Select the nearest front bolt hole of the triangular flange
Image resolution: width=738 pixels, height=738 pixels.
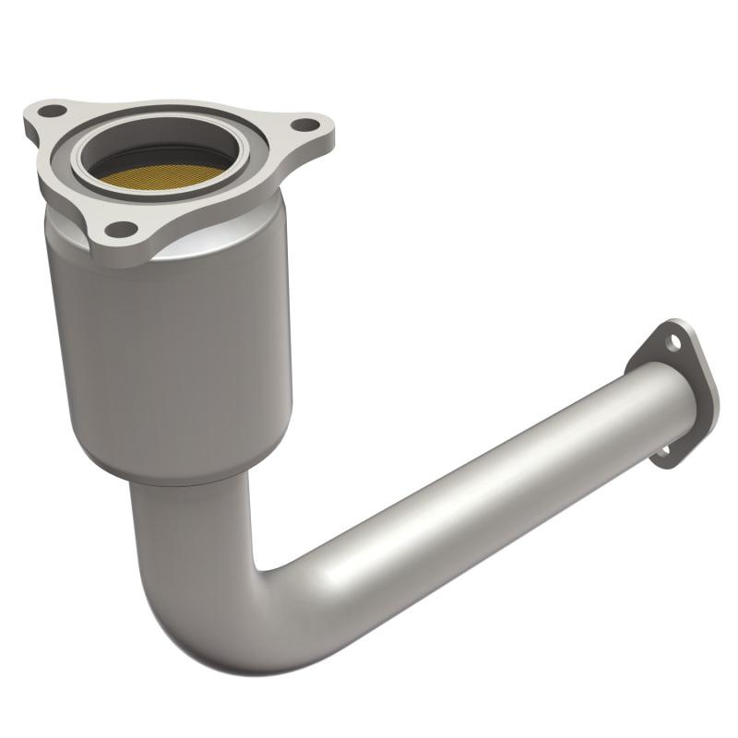120,229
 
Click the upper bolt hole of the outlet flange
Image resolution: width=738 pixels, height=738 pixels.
676,342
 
